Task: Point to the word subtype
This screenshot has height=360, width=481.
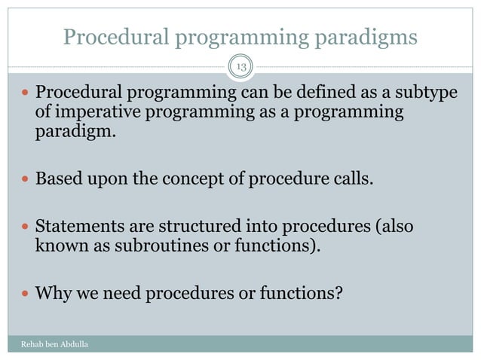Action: coord(429,95)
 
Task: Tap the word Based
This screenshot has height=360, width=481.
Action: coord(60,182)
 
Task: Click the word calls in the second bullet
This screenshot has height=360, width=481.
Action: coord(351,182)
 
